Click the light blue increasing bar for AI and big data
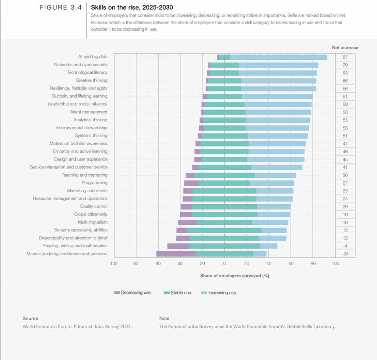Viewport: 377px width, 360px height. [x=278, y=57]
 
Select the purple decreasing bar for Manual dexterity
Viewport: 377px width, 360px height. [x=176, y=254]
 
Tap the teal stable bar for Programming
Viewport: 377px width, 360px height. [x=225, y=183]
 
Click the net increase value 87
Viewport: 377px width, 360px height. [x=345, y=57]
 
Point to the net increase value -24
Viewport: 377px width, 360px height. [x=345, y=254]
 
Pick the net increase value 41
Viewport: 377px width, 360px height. [x=345, y=167]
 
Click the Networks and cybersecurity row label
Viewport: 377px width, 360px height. [x=81, y=65]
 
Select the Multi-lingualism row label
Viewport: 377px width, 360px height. [x=93, y=222]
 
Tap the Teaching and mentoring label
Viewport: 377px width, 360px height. [x=84, y=175]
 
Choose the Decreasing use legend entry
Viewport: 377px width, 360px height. [x=136, y=293]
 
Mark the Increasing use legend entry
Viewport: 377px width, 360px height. [x=222, y=293]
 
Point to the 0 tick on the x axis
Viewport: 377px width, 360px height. [x=225, y=263]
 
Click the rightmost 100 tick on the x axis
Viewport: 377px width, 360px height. [x=335, y=263]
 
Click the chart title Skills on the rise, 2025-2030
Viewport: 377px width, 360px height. [x=131, y=7]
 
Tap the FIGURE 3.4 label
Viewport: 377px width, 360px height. [x=60, y=7]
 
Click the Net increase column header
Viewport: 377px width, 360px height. [x=345, y=48]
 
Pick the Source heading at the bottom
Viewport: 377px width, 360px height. [x=30, y=318]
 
